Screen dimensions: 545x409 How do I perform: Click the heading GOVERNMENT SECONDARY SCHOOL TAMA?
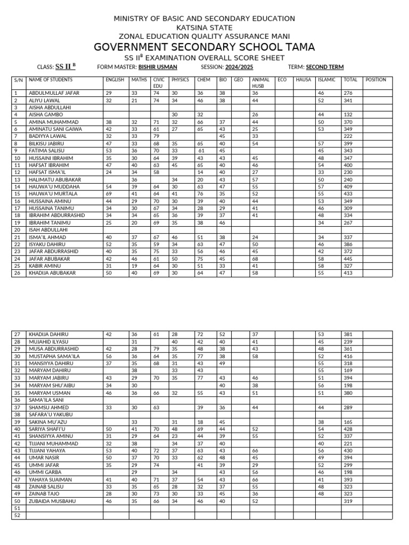[204, 47]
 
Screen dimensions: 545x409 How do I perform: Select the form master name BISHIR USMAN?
[158, 67]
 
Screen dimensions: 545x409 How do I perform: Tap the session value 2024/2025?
[239, 67]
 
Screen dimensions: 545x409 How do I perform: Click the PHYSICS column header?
[180, 79]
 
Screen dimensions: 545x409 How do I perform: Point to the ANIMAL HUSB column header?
[260, 82]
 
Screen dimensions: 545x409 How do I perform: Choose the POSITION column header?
[375, 79]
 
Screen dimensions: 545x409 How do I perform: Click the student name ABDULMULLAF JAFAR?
[54, 93]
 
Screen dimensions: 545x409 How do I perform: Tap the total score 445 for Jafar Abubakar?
[350, 259]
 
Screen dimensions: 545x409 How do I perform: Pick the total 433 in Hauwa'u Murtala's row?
[350, 194]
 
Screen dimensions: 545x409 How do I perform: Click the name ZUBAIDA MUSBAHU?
[54, 501]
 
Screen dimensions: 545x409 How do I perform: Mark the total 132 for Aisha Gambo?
[350, 114]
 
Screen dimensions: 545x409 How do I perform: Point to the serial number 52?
[17, 515]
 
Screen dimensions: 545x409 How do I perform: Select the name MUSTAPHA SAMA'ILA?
[54, 356]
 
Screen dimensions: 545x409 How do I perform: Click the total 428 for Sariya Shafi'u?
[350, 428]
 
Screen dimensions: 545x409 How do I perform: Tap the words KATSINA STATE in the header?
[204, 28]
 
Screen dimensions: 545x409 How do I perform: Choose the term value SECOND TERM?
[324, 67]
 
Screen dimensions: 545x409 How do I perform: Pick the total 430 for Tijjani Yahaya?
[350, 450]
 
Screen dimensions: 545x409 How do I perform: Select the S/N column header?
[18, 79]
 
